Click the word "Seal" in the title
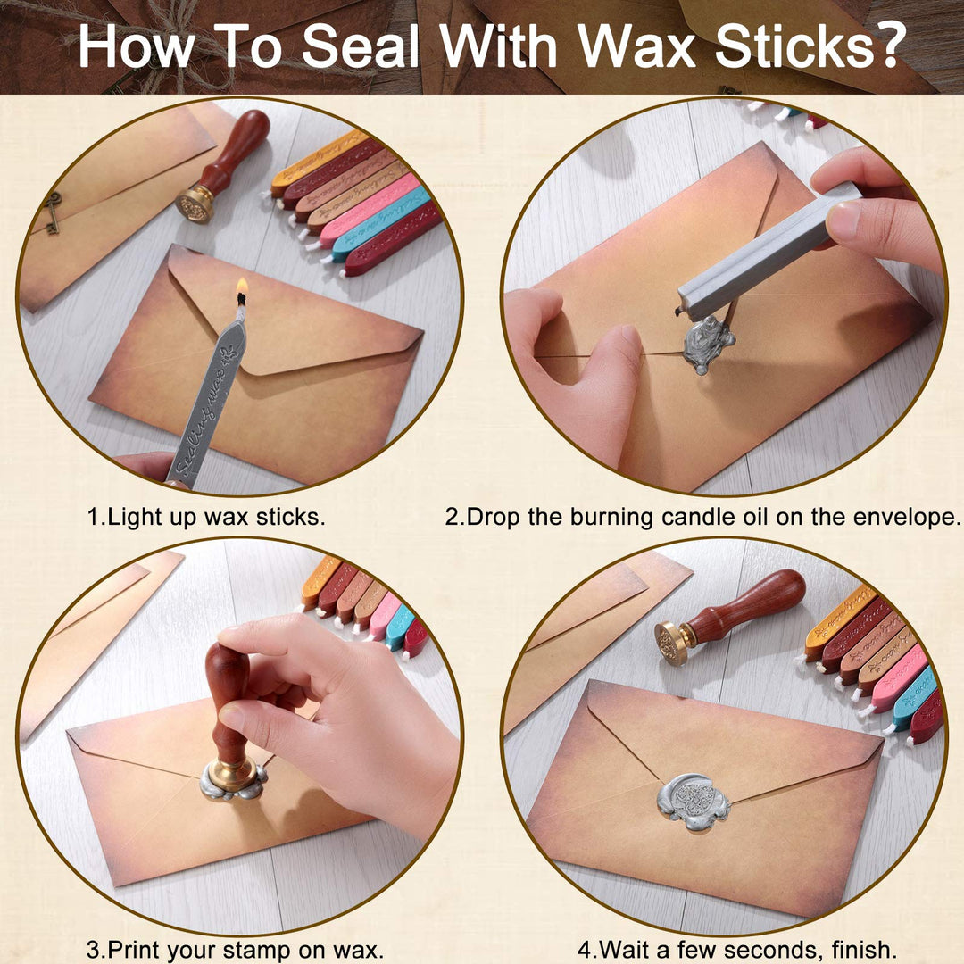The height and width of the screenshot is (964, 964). [x=361, y=46]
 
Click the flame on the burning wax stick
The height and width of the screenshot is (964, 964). [x=242, y=287]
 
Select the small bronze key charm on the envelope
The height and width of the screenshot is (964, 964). [x=53, y=212]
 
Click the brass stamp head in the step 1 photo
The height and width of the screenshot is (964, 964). [x=195, y=205]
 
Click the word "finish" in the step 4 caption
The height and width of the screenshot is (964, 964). [x=862, y=949]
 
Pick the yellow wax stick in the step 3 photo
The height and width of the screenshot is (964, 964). [x=319, y=582]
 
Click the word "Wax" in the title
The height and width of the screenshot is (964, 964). [x=639, y=46]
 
